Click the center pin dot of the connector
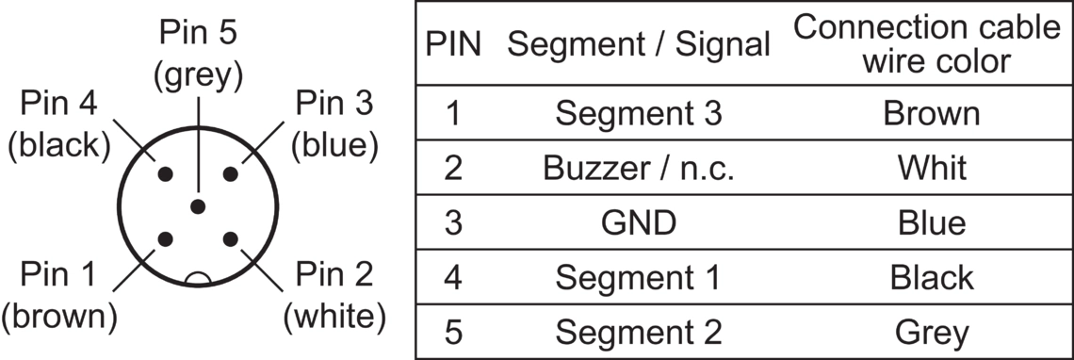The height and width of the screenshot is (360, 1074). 198,206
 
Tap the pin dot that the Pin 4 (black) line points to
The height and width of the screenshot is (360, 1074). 165,174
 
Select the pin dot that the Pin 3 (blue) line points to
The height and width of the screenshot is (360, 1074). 231,174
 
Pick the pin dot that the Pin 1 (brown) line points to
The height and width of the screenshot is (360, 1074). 165,239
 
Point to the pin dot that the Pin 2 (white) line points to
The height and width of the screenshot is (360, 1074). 231,239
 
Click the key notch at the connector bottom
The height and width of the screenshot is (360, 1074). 198,278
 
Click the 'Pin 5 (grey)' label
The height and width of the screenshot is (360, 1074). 198,55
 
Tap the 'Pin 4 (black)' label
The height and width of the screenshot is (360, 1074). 59,124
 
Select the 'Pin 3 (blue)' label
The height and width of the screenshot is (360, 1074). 334,124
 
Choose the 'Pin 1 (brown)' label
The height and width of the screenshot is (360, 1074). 59,295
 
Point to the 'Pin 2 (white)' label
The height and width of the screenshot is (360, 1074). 334,295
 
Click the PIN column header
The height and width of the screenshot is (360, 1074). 453,44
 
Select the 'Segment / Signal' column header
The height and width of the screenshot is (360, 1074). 639,44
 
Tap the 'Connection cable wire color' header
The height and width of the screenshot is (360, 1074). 927,44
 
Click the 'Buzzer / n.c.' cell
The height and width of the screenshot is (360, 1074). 639,168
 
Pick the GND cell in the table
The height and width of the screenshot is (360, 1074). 639,222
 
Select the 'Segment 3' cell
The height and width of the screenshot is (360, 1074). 639,113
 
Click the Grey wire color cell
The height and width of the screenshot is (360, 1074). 932,334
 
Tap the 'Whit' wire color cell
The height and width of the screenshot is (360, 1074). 932,168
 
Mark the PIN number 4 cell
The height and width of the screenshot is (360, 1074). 453,278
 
